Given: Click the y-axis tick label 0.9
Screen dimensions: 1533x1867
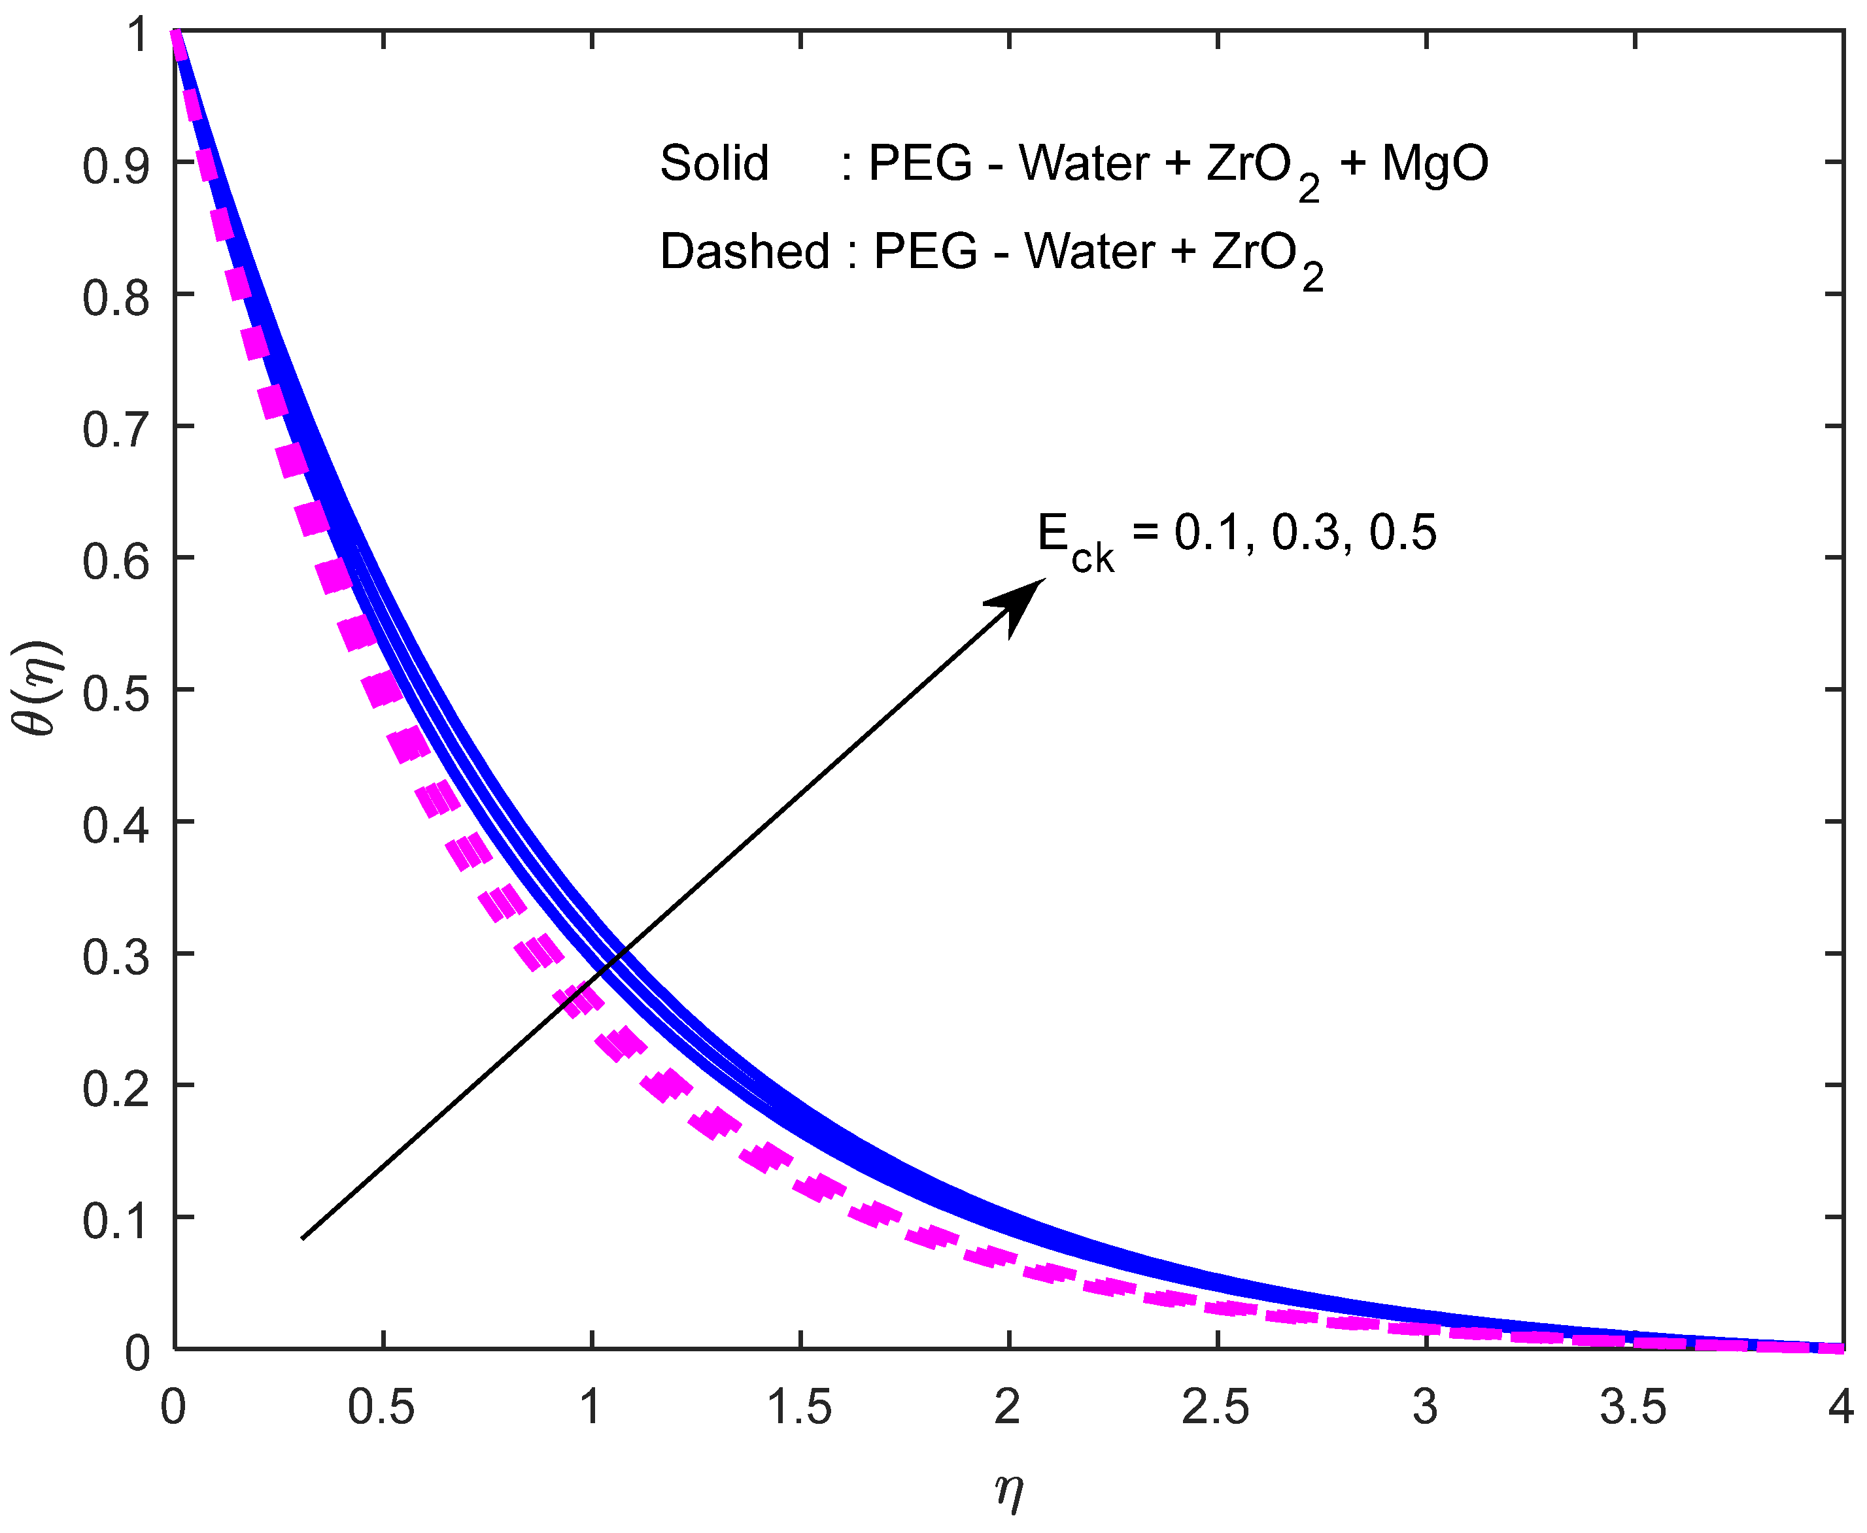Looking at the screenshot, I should [x=115, y=166].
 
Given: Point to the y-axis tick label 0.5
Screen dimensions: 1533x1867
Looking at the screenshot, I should [x=115, y=694].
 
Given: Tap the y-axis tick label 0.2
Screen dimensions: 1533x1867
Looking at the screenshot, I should [x=115, y=1090].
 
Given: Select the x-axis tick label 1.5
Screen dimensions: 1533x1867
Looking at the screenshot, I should [x=799, y=1407].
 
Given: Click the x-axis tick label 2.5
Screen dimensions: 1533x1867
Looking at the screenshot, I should [x=1216, y=1407].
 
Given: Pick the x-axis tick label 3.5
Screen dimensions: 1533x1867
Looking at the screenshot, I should [x=1633, y=1407].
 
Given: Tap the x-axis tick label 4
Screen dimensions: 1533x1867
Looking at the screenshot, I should [x=1840, y=1407].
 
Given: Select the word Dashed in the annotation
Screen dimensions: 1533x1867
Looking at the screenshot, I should [x=744, y=252].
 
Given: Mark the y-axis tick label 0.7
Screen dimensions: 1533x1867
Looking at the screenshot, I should [x=115, y=431].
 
